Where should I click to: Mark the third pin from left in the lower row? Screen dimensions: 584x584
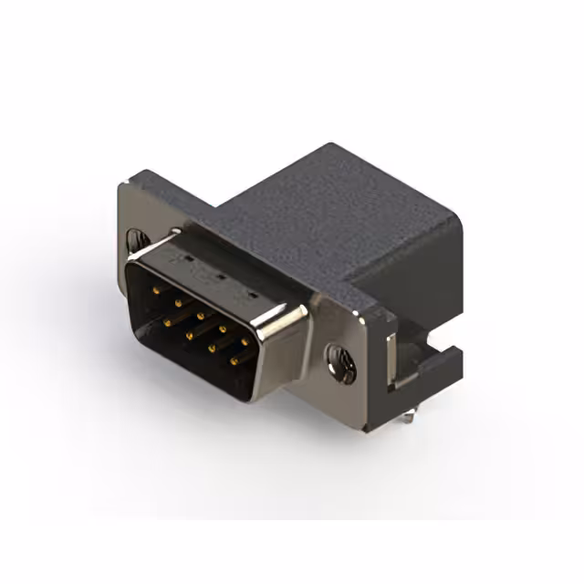(212, 349)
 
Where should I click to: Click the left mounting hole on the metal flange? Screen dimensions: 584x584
(136, 239)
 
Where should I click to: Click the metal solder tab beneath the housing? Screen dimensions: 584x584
(407, 415)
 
